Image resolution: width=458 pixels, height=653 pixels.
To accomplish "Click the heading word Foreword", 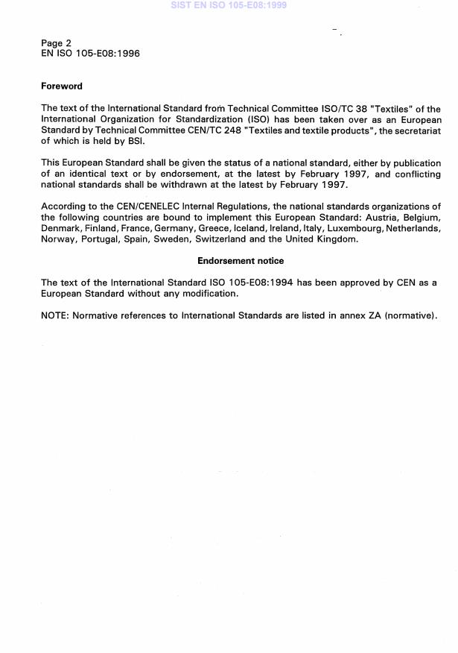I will pyautogui.click(x=62, y=86).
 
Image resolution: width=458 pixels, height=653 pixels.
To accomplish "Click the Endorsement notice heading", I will pyautogui.click(x=241, y=261).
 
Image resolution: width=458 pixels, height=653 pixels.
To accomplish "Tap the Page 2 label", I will pyautogui.click(x=57, y=43).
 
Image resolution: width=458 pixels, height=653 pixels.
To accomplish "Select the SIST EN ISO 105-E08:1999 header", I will pyautogui.click(x=229, y=5).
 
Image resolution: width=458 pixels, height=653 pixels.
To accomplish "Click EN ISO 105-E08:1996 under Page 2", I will pyautogui.click(x=90, y=54).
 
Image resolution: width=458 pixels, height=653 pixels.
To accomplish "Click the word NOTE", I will pyautogui.click(x=54, y=315).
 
